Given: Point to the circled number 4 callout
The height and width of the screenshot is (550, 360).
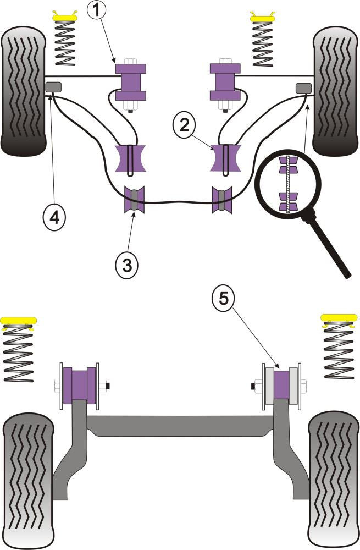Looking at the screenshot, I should [x=54, y=218].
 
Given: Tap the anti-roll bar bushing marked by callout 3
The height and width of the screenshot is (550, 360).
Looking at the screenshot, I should [x=134, y=200].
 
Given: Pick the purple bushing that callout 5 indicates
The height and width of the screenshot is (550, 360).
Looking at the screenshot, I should [x=281, y=385].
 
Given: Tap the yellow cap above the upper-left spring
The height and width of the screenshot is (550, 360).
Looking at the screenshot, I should [x=64, y=17].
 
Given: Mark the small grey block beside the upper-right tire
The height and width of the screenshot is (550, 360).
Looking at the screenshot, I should [x=303, y=86].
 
